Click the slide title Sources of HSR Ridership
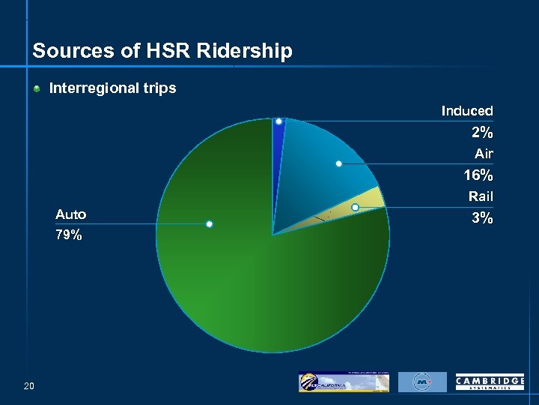tap(162, 51)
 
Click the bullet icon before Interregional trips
tap(37, 88)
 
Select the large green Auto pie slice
tap(247, 292)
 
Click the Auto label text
tap(70, 214)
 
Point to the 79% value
tap(69, 235)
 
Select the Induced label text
tap(466, 111)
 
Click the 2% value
tap(481, 133)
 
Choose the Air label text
tap(484, 154)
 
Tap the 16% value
tap(478, 175)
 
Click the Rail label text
tap(481, 196)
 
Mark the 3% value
tap(481, 218)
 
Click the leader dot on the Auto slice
tap(210, 224)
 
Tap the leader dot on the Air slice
tap(339, 163)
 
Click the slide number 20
tap(29, 386)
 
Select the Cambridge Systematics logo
tap(490, 382)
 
